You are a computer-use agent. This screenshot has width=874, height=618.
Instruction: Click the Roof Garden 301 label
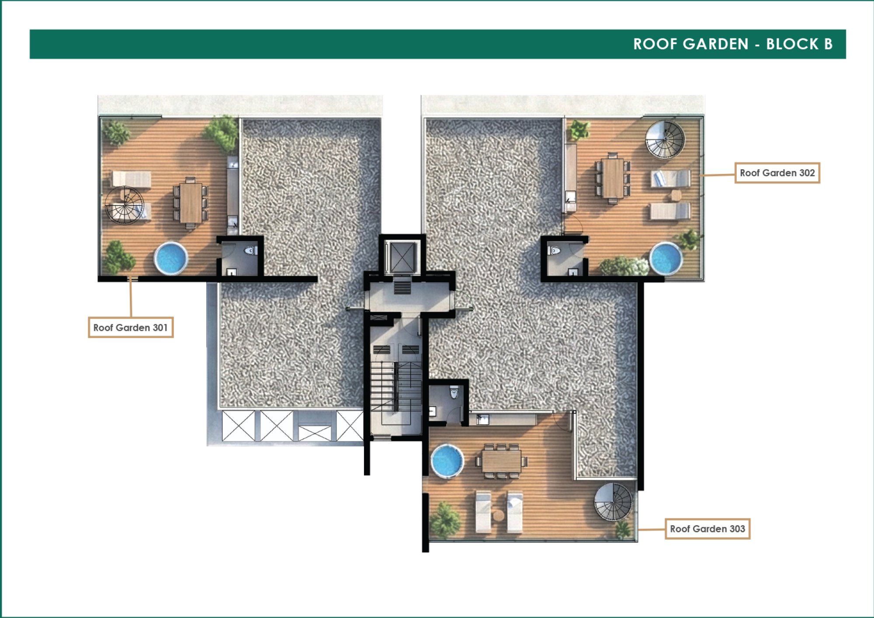pos(131,327)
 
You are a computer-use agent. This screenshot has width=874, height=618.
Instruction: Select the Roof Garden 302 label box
pos(777,173)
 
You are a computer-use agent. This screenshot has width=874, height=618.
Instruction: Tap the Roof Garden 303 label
pos(708,529)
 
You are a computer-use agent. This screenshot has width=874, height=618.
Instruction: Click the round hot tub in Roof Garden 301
pos(170,258)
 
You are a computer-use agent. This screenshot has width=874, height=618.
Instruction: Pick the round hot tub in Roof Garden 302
pos(666,259)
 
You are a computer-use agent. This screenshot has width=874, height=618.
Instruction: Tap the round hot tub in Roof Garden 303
pos(447,461)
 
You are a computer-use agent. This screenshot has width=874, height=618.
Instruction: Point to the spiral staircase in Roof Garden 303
pos(613,502)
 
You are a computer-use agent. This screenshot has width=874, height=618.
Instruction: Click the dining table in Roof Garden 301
pos(191,203)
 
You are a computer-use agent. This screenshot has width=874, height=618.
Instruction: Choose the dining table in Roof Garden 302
pos(613,178)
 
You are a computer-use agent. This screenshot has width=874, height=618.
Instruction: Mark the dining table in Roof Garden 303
pos(502,461)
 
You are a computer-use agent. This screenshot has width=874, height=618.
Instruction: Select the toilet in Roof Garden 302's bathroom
pos(554,251)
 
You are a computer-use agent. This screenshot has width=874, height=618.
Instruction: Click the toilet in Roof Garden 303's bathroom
pos(454,392)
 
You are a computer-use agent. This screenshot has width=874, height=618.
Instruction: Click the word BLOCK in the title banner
pos(792,44)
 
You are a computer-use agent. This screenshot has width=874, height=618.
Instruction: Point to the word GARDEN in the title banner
pos(716,44)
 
